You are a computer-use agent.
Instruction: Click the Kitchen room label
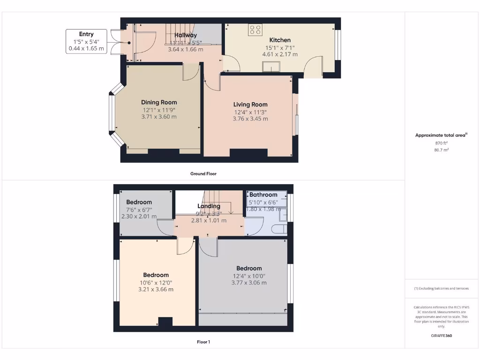pos(280,40)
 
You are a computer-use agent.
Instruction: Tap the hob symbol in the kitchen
pos(255,30)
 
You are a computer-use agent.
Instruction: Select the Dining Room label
pos(159,102)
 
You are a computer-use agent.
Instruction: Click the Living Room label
pos(250,105)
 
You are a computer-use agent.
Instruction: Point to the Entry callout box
pos(86,41)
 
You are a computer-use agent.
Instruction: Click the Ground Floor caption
pos(203,173)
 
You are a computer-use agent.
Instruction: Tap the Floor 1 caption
pos(203,342)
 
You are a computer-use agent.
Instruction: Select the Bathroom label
pos(263,195)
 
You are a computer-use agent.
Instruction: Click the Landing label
pos(209,206)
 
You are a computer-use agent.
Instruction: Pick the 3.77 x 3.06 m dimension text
pos(249,283)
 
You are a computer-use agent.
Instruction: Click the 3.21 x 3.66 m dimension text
pos(156,289)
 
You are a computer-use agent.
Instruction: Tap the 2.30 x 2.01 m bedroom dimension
pos(139,216)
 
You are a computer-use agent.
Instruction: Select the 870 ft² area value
pos(441,143)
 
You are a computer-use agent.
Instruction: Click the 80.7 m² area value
pos(441,150)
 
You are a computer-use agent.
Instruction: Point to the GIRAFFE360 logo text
pos(441,336)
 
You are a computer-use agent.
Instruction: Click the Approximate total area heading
pos(441,135)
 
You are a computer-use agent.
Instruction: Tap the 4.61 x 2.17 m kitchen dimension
pos(280,54)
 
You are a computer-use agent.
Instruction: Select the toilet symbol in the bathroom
pos(280,229)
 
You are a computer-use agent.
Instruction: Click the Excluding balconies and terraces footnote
pos(441,288)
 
